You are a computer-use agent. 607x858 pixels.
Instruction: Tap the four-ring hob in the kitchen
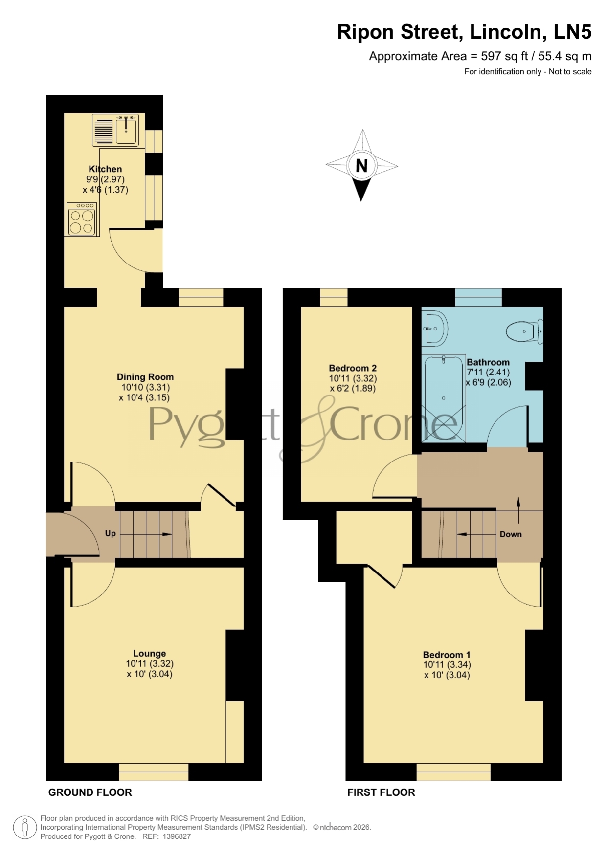(82, 220)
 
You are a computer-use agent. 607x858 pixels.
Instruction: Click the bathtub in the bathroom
(444, 398)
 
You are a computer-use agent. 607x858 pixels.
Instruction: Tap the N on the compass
(361, 166)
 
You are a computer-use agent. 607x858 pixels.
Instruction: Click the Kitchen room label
(105, 169)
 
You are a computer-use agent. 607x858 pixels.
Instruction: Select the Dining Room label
(145, 377)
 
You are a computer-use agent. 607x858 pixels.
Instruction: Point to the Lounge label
(150, 653)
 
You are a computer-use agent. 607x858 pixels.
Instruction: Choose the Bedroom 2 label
(353, 368)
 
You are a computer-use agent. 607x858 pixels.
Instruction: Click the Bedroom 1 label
(447, 655)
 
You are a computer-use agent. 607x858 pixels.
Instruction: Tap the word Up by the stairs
(111, 533)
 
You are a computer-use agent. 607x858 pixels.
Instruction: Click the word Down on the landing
(511, 534)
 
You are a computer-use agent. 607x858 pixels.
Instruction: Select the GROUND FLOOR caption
(90, 792)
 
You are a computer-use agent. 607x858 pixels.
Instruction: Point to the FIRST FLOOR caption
(381, 792)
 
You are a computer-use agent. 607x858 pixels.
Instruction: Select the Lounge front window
(154, 772)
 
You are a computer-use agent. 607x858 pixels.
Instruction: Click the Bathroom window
(478, 297)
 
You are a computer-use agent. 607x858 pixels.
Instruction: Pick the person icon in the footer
(24, 828)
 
